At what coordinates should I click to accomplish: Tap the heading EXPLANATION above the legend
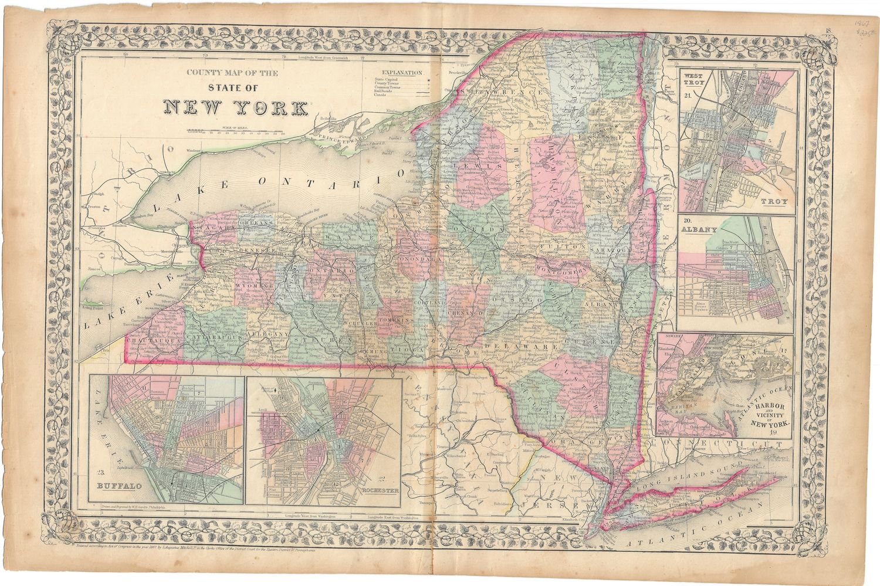point(401,73)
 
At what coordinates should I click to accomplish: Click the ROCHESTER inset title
point(381,490)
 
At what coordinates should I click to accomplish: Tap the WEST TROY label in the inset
point(693,80)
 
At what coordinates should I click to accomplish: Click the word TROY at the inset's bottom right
point(775,202)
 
